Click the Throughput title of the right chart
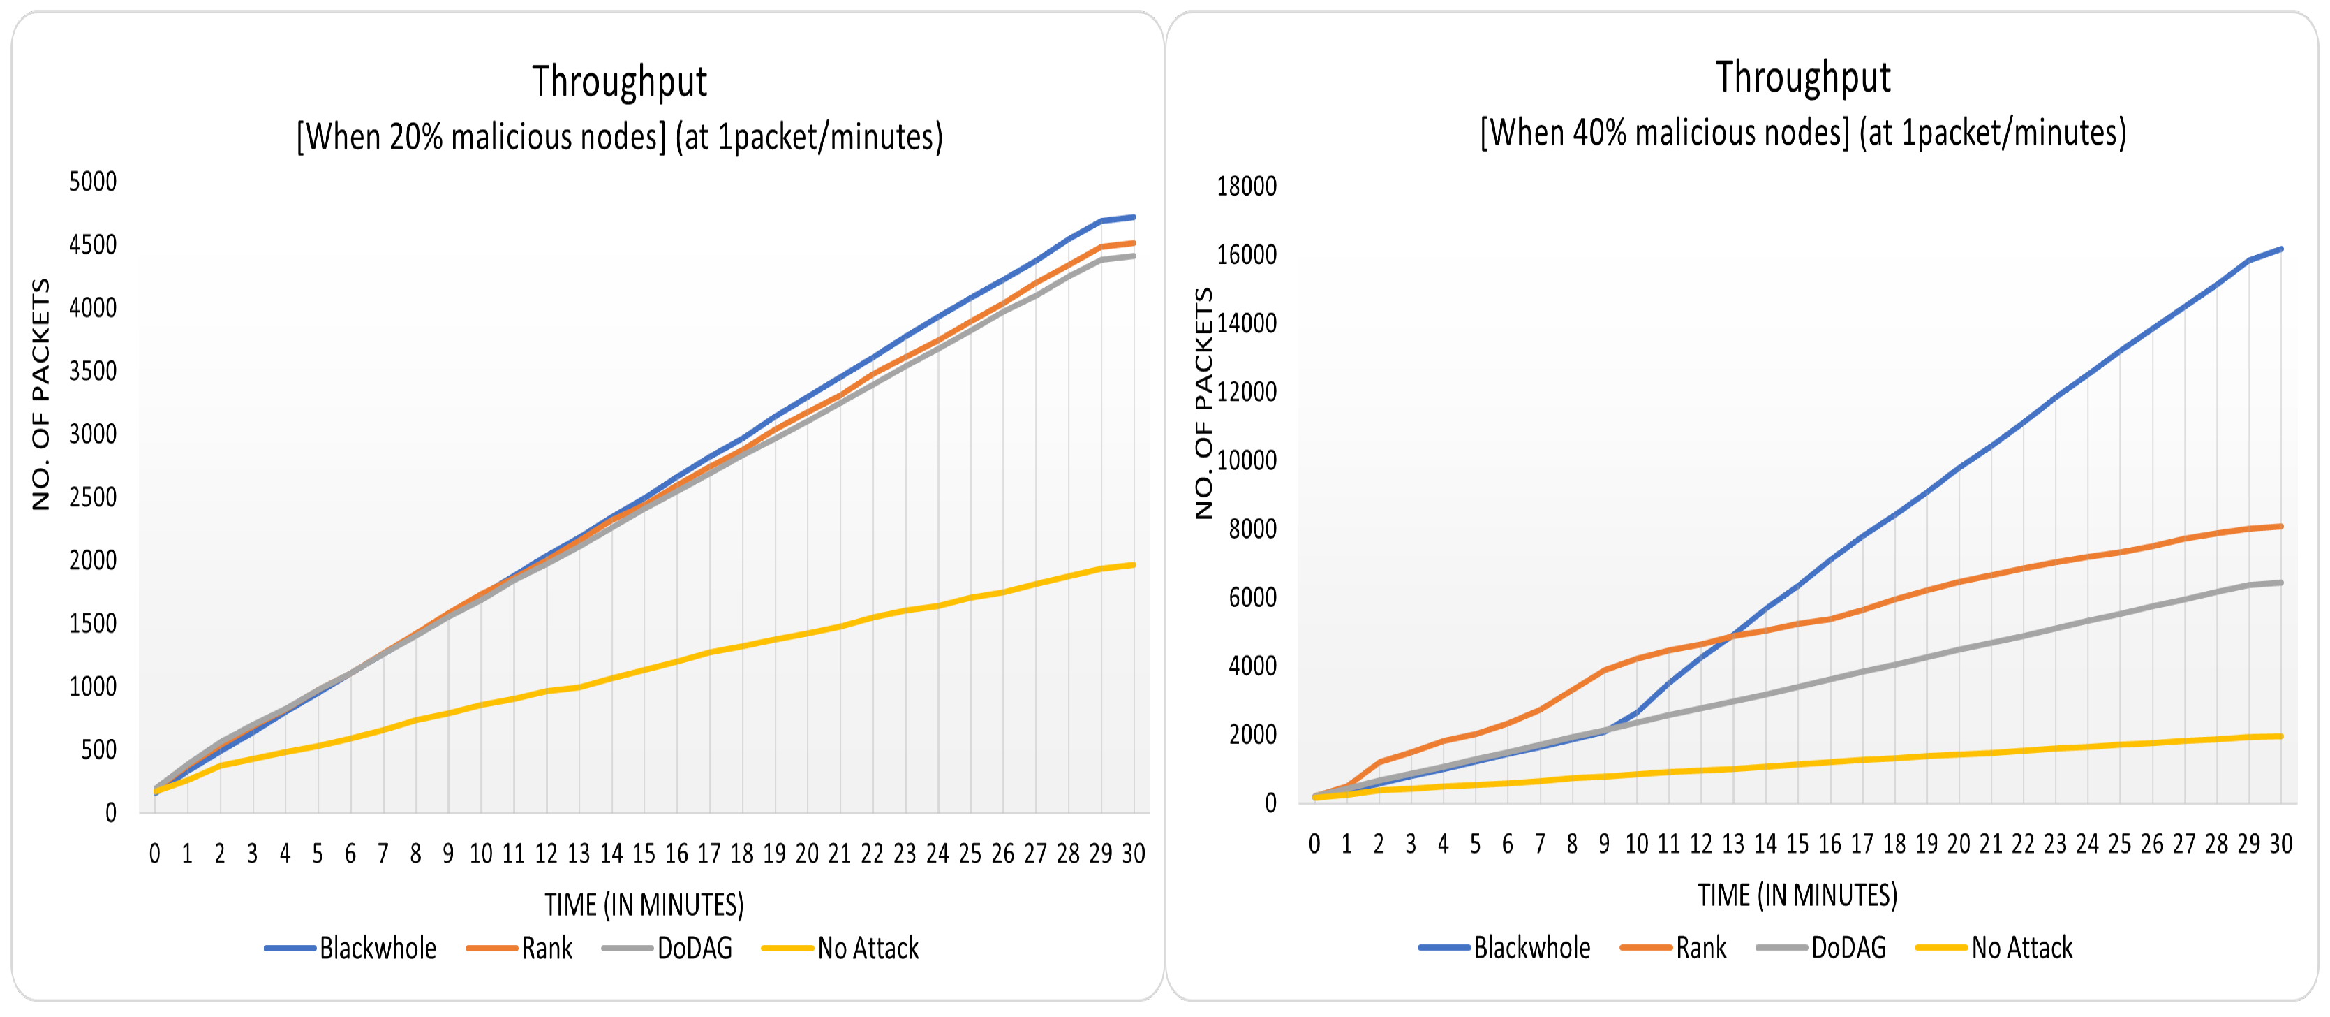click(1803, 78)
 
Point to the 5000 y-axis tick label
click(92, 182)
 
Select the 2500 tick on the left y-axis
click(92, 497)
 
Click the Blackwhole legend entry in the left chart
click(377, 949)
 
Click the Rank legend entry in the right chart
click(1700, 947)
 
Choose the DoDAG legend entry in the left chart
click(694, 949)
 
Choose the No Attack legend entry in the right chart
click(2021, 947)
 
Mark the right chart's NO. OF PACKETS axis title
click(1203, 404)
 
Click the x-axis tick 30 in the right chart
click(2280, 844)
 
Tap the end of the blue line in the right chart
click(2280, 249)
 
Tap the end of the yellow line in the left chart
click(1134, 564)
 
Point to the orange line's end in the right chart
click(2280, 526)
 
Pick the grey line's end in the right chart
click(2280, 583)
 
